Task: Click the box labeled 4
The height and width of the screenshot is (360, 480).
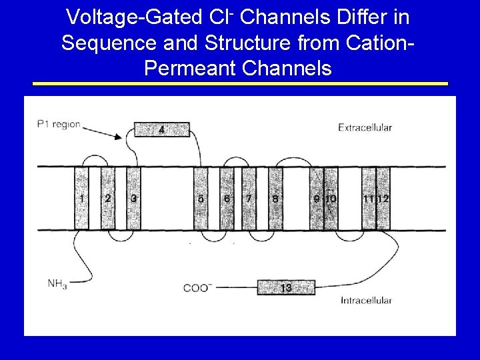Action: (161, 129)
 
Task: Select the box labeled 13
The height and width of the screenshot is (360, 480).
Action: (285, 287)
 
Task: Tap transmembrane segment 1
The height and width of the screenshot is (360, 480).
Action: (81, 198)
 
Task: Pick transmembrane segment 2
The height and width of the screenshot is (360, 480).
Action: (108, 198)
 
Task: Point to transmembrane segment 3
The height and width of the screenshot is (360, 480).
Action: (134, 198)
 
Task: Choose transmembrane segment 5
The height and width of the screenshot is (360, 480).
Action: (201, 198)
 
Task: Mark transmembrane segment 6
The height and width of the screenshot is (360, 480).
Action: (227, 198)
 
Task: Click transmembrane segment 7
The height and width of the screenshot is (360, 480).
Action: (249, 198)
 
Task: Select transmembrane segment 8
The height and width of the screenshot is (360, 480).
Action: (275, 198)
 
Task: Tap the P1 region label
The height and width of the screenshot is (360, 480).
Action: (59, 125)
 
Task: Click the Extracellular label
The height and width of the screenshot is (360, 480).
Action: (365, 127)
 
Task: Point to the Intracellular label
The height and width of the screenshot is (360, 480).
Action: (366, 301)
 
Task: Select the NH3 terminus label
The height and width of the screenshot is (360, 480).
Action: (57, 284)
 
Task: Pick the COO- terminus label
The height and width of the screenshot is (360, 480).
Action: (197, 288)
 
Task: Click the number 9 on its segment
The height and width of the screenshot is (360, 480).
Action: (317, 199)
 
